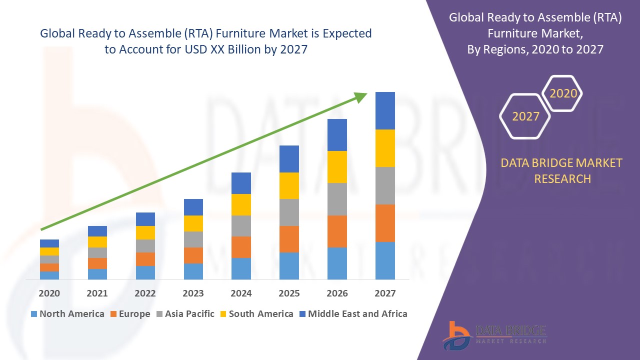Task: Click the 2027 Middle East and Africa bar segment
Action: (x=385, y=110)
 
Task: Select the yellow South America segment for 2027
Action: (x=385, y=148)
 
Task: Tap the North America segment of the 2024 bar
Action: (x=241, y=268)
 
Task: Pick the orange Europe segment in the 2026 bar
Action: (x=337, y=231)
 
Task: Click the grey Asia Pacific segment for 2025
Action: (x=289, y=212)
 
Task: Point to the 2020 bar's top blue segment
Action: (x=49, y=243)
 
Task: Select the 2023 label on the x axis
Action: (x=193, y=293)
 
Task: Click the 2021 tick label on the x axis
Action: (x=97, y=293)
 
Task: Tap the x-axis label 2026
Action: (x=337, y=293)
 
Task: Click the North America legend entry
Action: (x=67, y=314)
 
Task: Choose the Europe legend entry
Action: (x=129, y=314)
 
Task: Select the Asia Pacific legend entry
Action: (x=185, y=314)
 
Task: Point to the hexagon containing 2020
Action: (x=563, y=93)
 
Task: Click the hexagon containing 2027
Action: (x=525, y=116)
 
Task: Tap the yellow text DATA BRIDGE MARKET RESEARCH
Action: (x=562, y=170)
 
